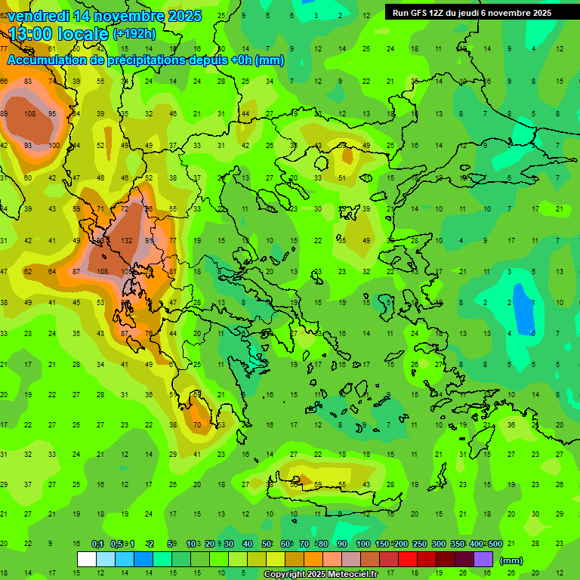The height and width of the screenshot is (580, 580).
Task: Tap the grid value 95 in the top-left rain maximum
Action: (52, 114)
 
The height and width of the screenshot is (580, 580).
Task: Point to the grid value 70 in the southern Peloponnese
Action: (197, 425)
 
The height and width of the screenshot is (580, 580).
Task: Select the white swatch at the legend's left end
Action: (87, 559)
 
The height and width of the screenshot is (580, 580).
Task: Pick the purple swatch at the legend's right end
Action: (483, 559)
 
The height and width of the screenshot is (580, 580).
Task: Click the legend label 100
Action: (363, 544)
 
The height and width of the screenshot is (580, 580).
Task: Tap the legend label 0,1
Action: (97, 544)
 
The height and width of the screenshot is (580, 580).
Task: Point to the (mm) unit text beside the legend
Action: (511, 560)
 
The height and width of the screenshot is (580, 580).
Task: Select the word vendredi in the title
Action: (38, 16)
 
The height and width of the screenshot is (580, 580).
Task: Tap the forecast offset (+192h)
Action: (134, 34)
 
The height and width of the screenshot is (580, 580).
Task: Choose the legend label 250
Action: (421, 544)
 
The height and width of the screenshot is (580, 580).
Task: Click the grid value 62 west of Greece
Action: (28, 271)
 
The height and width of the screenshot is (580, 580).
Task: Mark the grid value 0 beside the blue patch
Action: (533, 333)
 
